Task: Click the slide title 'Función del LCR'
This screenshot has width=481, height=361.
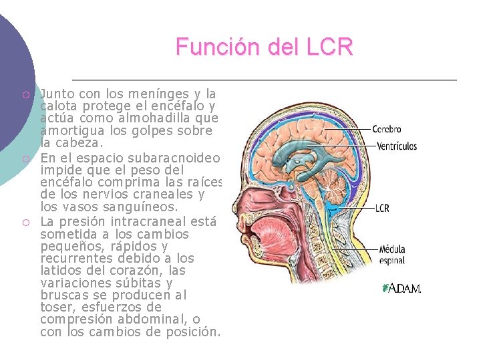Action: click(264, 47)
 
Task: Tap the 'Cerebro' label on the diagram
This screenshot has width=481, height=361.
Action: click(387, 129)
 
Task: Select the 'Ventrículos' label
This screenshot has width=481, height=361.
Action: click(397, 146)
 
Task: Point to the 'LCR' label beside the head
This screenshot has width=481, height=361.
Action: click(382, 208)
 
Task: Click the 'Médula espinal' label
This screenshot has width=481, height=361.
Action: click(392, 255)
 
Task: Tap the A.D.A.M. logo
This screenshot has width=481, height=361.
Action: click(402, 289)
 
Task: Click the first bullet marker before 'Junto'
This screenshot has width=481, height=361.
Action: click(25, 96)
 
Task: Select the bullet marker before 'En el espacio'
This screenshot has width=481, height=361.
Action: click(25, 158)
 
